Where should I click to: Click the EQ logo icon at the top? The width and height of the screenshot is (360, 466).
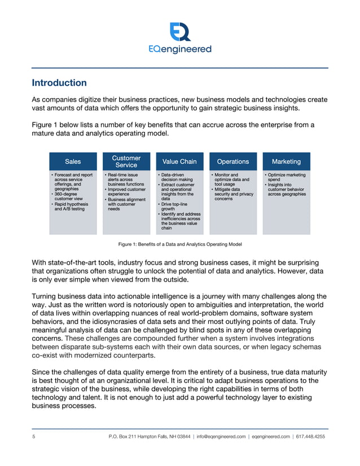point(180,32)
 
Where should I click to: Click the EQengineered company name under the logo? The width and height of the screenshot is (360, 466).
point(180,50)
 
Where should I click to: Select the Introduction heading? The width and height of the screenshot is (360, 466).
point(59,83)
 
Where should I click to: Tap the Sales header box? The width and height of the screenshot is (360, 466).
point(73,161)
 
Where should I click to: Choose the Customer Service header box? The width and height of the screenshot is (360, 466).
point(126,161)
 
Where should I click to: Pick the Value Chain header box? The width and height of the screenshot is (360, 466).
point(179,161)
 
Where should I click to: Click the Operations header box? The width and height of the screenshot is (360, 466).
point(232,161)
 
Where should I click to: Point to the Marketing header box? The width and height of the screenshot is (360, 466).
point(286,161)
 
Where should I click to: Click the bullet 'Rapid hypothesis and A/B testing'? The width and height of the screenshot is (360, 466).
point(71,206)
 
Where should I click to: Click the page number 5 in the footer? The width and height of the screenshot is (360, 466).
point(34,437)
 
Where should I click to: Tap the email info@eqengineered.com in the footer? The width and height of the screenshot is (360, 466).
point(221,437)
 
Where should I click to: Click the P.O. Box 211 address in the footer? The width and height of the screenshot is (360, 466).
point(149,437)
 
